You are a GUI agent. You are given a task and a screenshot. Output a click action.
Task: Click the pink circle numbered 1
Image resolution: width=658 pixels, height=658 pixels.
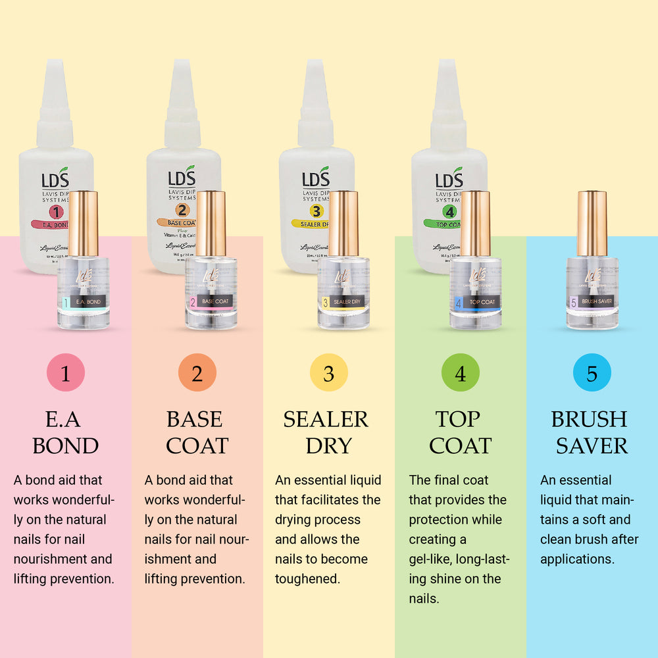(65, 373)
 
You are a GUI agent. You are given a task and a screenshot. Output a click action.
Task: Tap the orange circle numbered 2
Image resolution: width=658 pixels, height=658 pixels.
(197, 373)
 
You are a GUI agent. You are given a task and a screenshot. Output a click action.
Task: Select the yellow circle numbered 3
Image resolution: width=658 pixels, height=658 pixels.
(328, 373)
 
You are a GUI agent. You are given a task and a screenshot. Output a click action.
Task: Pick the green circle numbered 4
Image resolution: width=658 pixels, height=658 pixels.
(460, 373)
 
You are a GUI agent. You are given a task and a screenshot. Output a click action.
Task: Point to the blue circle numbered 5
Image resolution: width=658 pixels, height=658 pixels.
(592, 373)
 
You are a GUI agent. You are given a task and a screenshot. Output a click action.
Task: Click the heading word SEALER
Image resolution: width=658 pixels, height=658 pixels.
(326, 419)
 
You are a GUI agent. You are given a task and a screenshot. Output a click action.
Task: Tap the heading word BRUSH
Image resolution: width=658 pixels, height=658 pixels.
(589, 419)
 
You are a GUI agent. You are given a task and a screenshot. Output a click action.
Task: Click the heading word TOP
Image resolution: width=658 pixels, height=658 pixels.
(458, 419)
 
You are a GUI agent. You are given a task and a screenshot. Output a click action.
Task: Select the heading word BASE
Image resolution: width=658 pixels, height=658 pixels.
(194, 419)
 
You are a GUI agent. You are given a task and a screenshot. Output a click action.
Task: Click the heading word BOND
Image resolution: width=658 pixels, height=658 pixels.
(65, 445)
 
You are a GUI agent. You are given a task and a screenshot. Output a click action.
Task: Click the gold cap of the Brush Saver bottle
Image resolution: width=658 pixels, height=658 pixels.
(592, 223)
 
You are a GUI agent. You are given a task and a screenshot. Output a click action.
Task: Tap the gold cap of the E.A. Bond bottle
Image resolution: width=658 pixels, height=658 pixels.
(83, 223)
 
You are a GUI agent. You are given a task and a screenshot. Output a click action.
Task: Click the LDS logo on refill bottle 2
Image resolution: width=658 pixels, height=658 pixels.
(182, 178)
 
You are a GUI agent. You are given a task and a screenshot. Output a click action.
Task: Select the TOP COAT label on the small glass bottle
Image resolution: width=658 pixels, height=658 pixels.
(482, 302)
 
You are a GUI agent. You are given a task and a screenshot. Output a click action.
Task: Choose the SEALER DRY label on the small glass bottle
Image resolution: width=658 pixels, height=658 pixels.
(347, 302)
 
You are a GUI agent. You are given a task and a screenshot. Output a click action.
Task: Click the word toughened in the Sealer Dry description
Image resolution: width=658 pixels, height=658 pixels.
(307, 579)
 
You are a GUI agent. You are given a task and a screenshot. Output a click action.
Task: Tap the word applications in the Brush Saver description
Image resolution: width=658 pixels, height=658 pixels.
(577, 559)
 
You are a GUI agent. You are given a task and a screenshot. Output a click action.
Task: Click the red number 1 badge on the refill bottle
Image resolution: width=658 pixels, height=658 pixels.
(57, 212)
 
